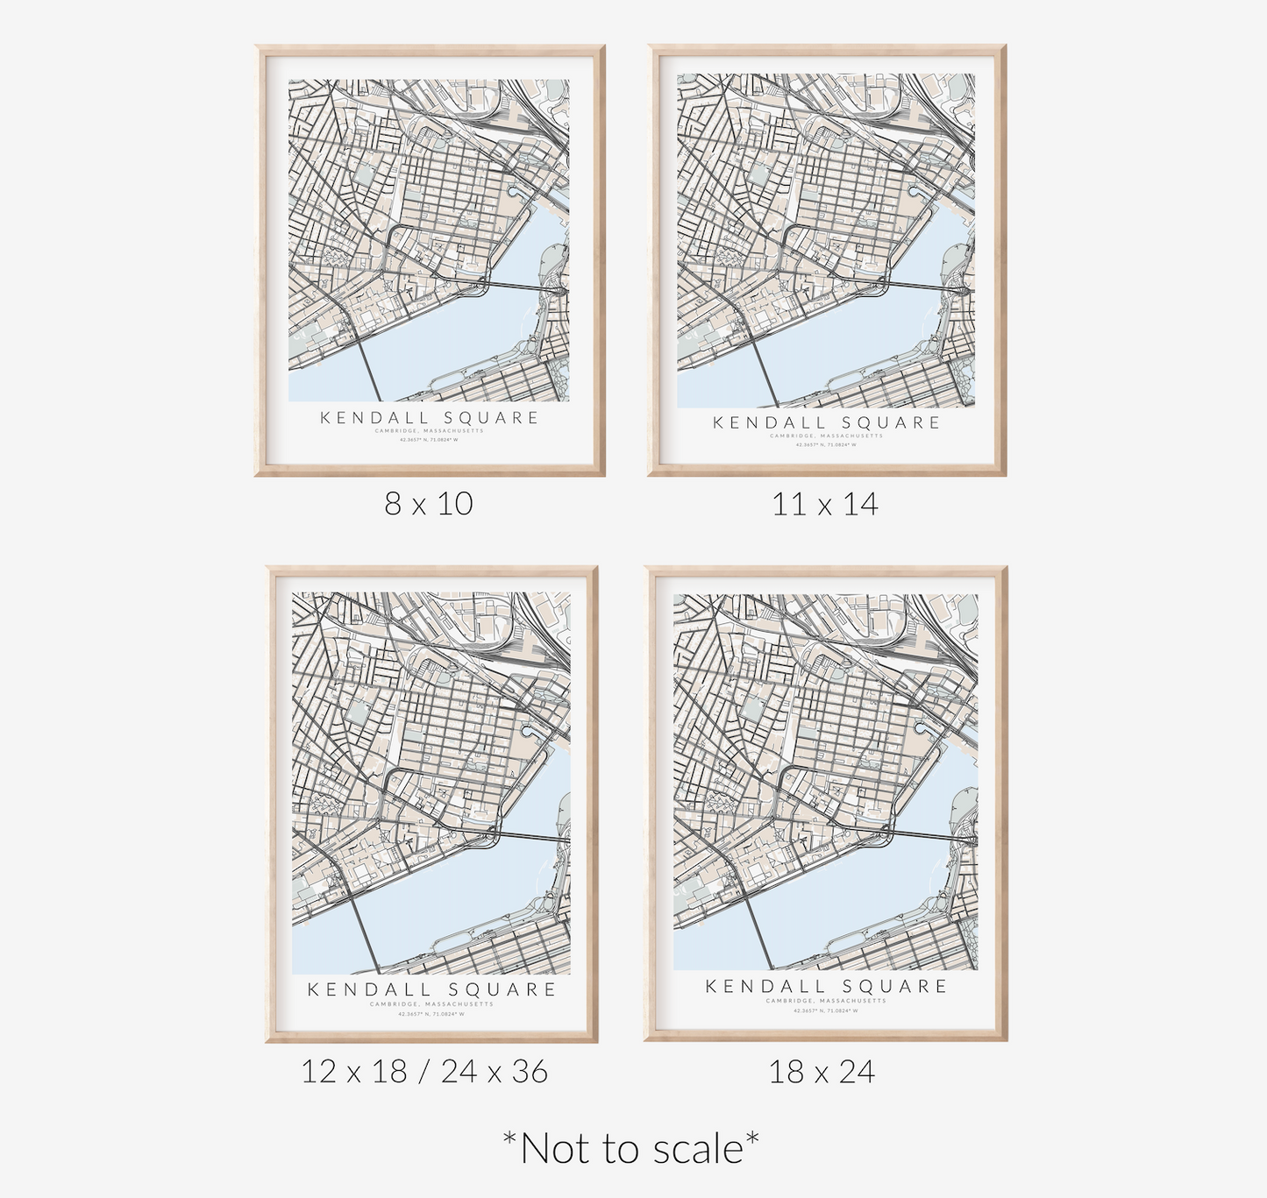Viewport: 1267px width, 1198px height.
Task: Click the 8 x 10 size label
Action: point(429,504)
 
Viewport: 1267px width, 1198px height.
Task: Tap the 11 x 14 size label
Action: point(825,504)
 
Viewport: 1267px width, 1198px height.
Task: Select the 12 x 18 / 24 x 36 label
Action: point(424,1071)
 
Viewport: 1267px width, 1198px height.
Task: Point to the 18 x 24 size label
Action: point(822,1072)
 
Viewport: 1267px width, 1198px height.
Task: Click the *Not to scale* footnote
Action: point(630,1148)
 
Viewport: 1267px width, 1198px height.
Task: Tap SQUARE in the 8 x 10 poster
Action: point(491,418)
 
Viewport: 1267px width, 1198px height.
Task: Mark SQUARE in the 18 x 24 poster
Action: point(895,987)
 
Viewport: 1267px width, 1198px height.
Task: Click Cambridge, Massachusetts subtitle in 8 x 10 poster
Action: point(429,431)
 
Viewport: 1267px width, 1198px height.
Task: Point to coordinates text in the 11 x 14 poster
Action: point(826,445)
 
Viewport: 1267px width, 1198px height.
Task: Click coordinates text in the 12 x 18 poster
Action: point(431,1014)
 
